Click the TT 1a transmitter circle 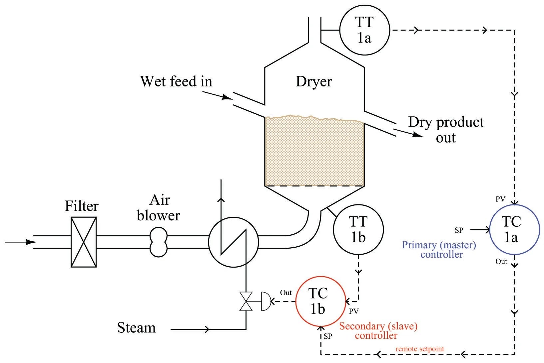point(364,30)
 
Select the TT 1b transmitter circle point(358,229)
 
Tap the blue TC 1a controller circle point(514,229)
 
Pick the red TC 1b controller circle point(321,301)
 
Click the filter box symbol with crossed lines point(84,242)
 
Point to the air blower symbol point(158,242)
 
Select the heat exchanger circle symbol point(234,242)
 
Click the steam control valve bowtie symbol point(246,302)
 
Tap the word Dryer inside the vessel point(314,81)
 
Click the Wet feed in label point(176,81)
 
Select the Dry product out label point(446,130)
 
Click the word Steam point(136,328)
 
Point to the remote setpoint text point(420,349)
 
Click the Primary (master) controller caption point(439,250)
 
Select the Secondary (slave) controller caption point(378,330)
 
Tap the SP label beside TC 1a point(459,230)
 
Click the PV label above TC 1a point(500,199)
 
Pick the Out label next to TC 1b point(286,293)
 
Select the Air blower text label point(159,208)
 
